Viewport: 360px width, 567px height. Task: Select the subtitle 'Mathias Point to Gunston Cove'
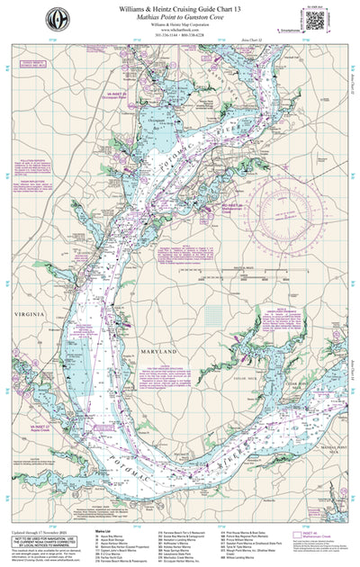(181, 17)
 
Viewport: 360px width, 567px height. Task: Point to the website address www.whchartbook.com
(181, 32)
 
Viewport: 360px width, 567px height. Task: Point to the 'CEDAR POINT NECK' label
(304, 369)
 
